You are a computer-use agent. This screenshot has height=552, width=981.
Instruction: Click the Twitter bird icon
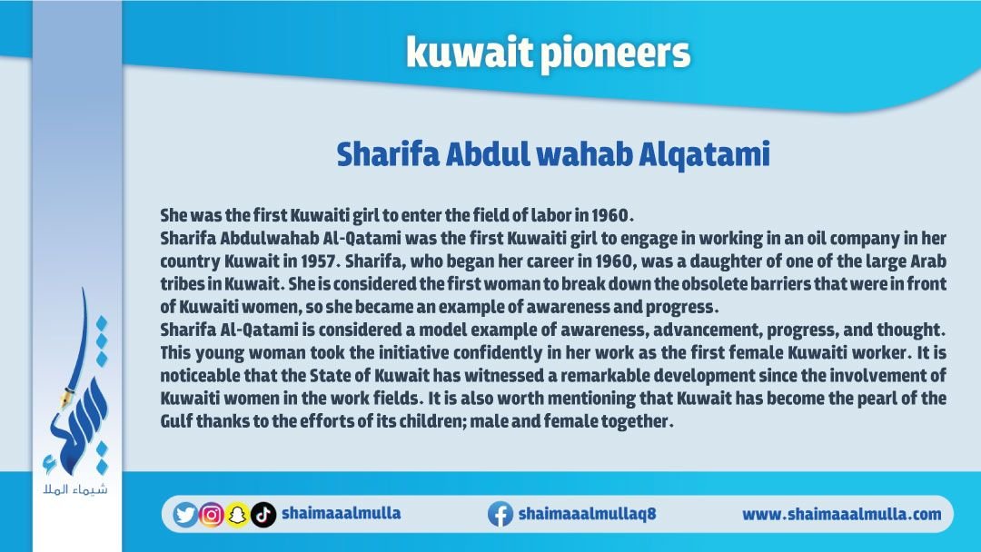(x=185, y=515)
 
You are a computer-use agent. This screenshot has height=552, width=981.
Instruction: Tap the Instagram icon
(x=212, y=515)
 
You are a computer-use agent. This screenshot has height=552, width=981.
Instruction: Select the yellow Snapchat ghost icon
(x=237, y=515)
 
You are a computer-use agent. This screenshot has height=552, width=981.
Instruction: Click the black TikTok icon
(x=263, y=515)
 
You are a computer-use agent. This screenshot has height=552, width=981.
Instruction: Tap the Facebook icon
(x=500, y=514)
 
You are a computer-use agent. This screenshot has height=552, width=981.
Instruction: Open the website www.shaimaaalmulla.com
(x=841, y=515)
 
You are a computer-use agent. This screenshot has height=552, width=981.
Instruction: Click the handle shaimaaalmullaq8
(x=587, y=514)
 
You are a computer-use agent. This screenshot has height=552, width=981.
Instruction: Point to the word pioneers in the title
(x=615, y=54)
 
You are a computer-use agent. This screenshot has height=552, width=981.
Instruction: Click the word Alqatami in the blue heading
(x=704, y=154)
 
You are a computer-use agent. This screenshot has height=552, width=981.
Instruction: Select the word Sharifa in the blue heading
(x=388, y=154)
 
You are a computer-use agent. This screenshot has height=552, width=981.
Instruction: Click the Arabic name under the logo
(x=75, y=488)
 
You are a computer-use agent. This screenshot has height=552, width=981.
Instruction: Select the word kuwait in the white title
(x=470, y=53)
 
